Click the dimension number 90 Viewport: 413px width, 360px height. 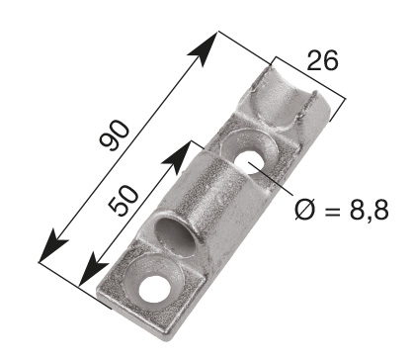tap(114, 135)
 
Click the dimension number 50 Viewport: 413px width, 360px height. tap(123, 201)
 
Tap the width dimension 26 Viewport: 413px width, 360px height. tap(322, 60)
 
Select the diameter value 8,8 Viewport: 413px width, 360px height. tap(369, 210)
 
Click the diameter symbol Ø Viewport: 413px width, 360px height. tap(304, 210)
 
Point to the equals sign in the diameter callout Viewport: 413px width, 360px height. tap(332, 210)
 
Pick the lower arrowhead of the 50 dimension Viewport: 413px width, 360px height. tap(94, 269)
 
